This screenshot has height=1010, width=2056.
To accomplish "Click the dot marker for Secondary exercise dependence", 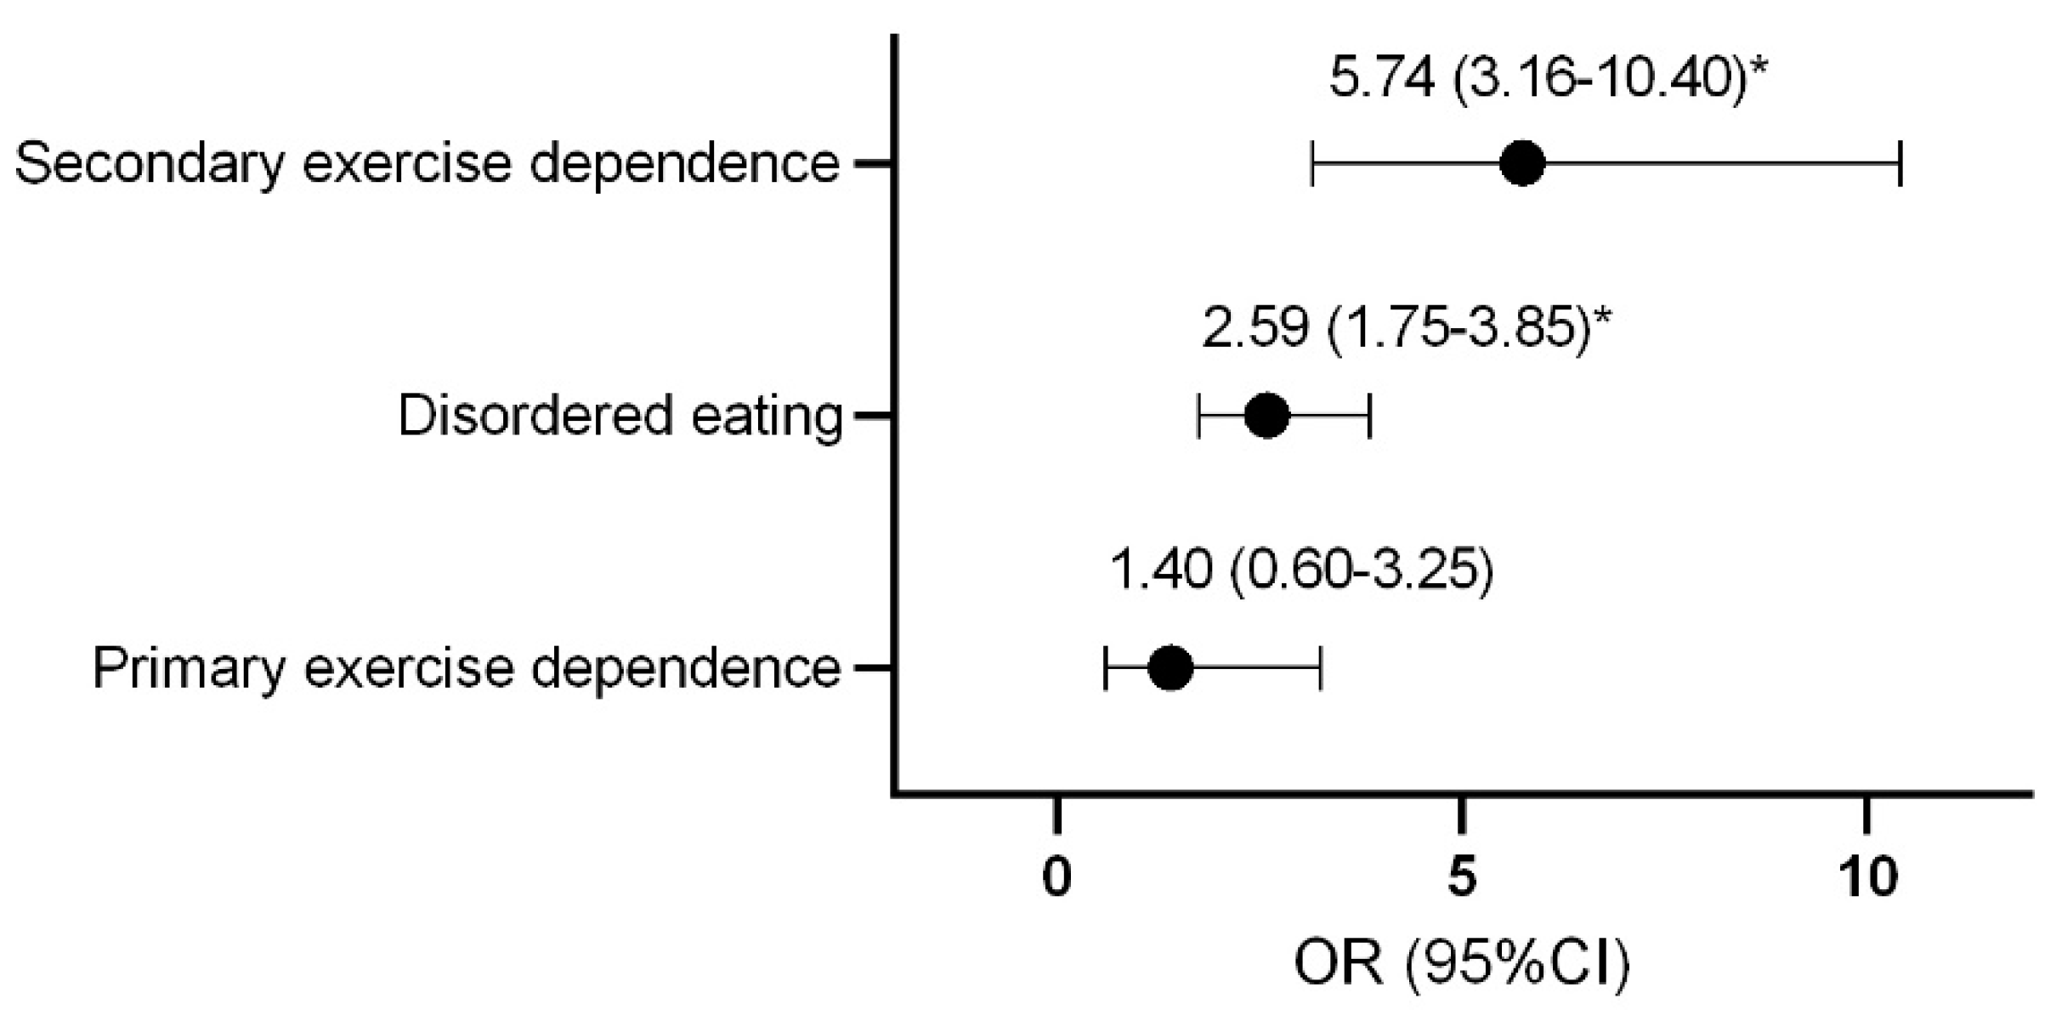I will point(1522,163).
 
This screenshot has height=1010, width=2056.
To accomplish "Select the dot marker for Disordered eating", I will point(1266,416).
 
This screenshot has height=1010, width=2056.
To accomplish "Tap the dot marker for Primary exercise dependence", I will point(1170,668).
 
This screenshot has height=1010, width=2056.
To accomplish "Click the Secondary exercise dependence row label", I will point(428,163).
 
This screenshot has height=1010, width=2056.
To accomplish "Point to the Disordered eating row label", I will point(620,416).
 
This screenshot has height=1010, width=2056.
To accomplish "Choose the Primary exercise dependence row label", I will point(467,668).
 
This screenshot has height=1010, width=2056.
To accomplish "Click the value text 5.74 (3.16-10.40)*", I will point(1544,78).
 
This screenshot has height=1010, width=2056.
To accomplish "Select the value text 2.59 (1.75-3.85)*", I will point(1406,327).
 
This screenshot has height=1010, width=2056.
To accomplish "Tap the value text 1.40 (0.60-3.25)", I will point(1301,569).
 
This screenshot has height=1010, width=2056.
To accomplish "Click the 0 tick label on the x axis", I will point(1056,877).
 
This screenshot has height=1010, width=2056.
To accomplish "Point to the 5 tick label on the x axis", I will point(1461,877).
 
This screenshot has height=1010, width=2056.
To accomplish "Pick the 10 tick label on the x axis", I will point(1867,877).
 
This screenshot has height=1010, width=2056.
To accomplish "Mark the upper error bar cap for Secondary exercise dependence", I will point(1900,163).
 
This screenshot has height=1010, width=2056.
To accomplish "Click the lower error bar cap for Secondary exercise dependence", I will point(1313,163).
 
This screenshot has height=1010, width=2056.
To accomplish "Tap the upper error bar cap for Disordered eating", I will point(1369,416).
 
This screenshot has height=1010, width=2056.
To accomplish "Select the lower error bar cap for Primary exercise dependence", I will point(1105,668).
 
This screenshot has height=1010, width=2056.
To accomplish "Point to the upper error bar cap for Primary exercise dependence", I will point(1320,668).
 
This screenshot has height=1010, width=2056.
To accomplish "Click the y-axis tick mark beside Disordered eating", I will point(873,416).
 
